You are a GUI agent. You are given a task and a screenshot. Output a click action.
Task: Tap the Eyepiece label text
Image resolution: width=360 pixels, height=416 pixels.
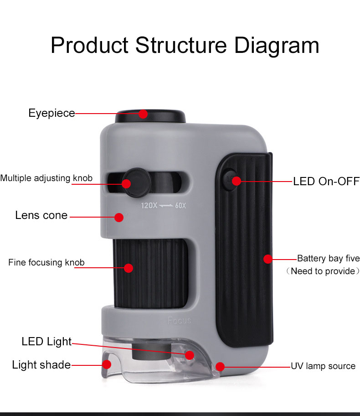(51, 113)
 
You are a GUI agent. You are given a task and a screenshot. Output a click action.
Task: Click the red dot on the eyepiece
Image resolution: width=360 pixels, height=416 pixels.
(143, 114)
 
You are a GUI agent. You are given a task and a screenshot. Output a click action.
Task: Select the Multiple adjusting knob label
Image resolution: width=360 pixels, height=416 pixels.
(46, 178)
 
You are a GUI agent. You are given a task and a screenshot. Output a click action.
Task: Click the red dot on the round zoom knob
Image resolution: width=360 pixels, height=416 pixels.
(126, 183)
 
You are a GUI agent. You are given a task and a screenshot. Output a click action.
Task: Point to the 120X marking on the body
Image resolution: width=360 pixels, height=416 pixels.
(149, 206)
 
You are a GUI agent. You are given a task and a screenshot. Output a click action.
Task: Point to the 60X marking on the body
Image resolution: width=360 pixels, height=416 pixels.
(180, 206)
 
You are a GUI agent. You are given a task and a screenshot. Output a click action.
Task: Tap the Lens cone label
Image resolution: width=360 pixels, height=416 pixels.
(41, 215)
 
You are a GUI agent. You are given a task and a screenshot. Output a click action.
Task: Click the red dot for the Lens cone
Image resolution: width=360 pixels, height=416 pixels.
(119, 218)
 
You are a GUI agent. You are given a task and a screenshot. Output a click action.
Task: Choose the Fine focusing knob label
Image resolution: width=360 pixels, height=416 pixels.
(46, 262)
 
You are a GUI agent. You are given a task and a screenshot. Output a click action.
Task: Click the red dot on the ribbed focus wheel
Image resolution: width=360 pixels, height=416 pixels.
(129, 268)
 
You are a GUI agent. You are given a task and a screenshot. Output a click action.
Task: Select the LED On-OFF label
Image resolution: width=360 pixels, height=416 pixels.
(326, 182)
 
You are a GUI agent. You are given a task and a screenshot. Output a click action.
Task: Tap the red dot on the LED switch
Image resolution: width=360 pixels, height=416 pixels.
(236, 181)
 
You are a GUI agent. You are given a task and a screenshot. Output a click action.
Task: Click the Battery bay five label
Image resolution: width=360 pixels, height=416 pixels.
(328, 259)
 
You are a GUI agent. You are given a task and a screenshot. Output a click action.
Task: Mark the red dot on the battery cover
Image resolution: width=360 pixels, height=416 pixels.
(268, 259)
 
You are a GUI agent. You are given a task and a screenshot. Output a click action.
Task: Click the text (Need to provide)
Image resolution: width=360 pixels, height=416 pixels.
(323, 271)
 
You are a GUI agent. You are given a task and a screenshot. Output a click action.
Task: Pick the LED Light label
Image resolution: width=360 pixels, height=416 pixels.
(46, 342)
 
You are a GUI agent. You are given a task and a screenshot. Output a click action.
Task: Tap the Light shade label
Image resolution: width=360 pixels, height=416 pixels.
(41, 365)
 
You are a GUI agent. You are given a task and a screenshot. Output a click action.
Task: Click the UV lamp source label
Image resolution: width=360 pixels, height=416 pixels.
(323, 366)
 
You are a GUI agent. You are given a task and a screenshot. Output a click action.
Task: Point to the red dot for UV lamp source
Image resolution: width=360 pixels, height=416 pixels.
(220, 366)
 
